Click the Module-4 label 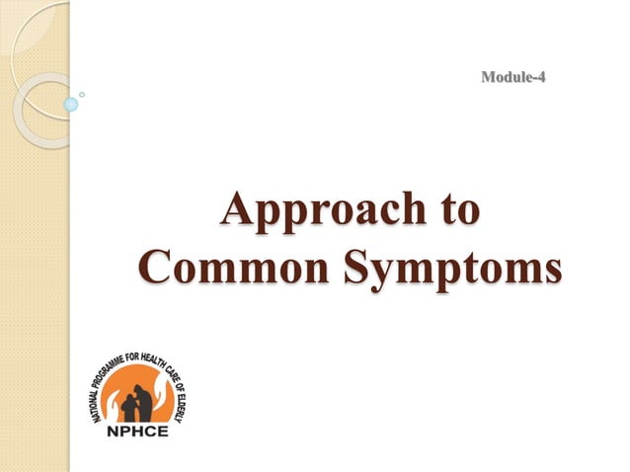click(x=512, y=77)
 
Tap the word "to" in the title click(x=457, y=209)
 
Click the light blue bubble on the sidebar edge click(x=70, y=104)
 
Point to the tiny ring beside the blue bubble click(x=82, y=95)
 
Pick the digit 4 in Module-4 click(x=539, y=77)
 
